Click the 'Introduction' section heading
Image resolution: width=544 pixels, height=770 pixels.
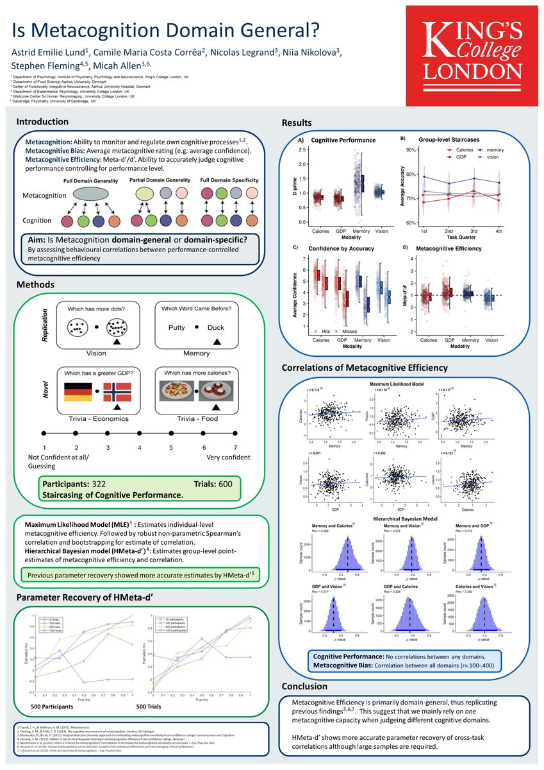pos(42,122)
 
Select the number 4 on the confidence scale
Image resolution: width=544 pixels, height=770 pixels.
pos(139,447)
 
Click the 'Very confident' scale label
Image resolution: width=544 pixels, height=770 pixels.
pos(228,458)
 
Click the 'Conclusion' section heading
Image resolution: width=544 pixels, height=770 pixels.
pos(305,686)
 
